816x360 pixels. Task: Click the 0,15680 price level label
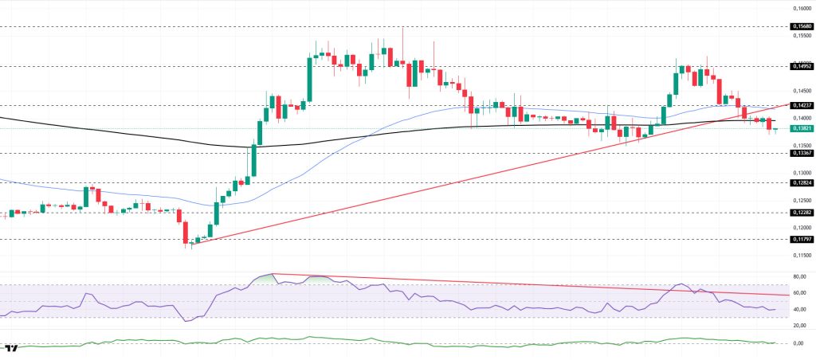(x=801, y=26)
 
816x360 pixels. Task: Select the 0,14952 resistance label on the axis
(x=801, y=66)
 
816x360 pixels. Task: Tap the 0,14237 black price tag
(x=801, y=105)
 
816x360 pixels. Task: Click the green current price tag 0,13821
(x=801, y=128)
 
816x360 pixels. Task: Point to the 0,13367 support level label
(x=801, y=154)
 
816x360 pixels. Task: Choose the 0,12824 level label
(x=801, y=182)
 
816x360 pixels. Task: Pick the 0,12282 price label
(x=801, y=213)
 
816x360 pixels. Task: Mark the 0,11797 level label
(x=801, y=239)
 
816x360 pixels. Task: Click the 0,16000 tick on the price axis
(x=801, y=8)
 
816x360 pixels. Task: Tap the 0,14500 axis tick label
(x=801, y=91)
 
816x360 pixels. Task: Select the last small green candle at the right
(x=775, y=129)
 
